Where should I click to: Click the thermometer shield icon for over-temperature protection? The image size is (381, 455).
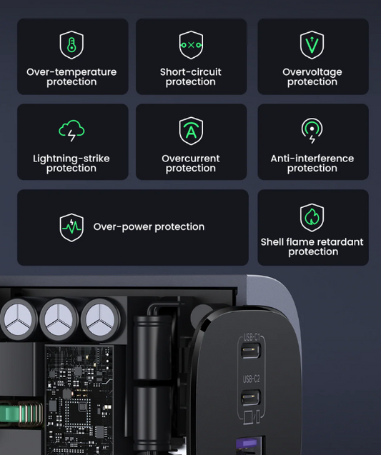(71, 45)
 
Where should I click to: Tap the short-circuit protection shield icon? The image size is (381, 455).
(191, 45)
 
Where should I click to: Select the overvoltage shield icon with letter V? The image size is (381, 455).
(312, 45)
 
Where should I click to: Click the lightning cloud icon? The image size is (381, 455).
(71, 131)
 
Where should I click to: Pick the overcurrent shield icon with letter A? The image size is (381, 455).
(191, 131)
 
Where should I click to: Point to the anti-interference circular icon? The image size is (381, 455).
(312, 131)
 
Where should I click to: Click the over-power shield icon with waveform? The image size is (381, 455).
(71, 227)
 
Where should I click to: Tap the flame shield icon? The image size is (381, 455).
(312, 218)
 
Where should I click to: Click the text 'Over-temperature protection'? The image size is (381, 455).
(71, 77)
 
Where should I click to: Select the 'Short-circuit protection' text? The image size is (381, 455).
(191, 77)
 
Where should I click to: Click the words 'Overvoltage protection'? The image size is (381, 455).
(312, 77)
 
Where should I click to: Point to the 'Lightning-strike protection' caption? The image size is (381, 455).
(71, 164)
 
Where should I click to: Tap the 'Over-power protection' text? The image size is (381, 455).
(149, 227)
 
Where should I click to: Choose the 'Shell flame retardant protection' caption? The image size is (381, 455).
(312, 247)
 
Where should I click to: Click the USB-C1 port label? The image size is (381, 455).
(252, 337)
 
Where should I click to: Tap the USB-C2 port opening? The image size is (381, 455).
(252, 397)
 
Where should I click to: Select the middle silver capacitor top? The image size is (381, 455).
(59, 319)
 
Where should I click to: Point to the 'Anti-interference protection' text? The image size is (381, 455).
(312, 164)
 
